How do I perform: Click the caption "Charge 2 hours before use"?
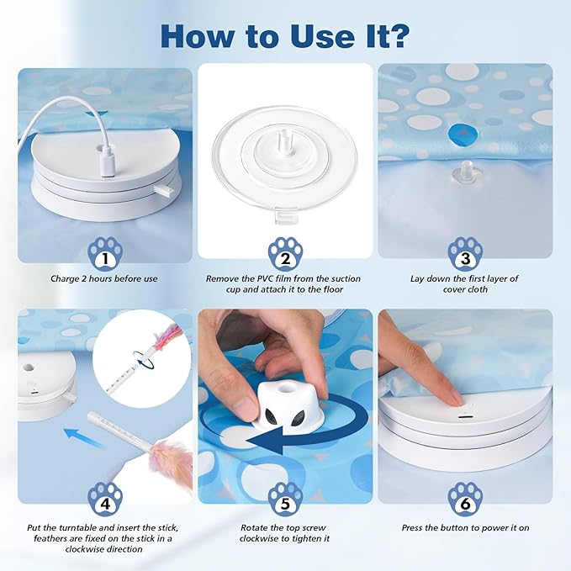click(x=105, y=278)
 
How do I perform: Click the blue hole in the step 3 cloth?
click(x=462, y=134)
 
